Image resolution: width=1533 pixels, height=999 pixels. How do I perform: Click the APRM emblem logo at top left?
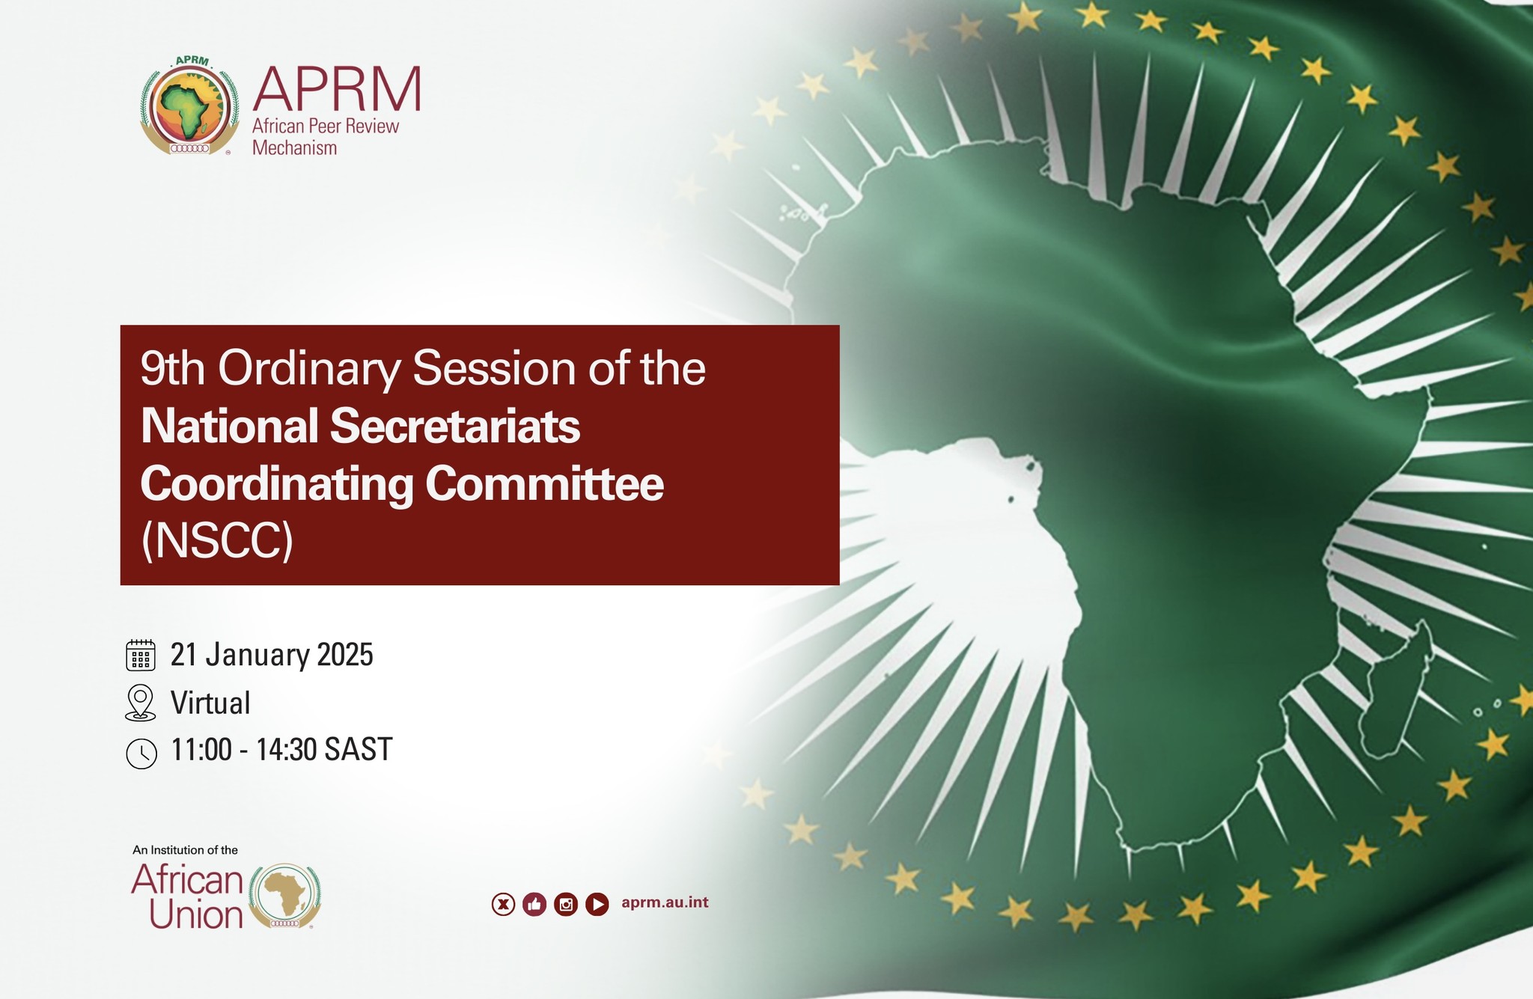pos(190,106)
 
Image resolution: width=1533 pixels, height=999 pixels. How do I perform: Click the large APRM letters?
pos(337,88)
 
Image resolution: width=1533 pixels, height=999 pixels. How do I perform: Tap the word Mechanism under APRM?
pos(294,148)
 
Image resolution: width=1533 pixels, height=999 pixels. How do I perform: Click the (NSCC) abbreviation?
pos(217,540)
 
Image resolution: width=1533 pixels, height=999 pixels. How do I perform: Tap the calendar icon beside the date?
pos(141,655)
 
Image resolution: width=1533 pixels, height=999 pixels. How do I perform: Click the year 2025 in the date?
pos(345,655)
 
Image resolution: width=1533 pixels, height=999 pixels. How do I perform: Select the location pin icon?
pos(141,703)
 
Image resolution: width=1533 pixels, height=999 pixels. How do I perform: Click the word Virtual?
pos(210,703)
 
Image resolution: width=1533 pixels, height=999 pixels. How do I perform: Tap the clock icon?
pos(141,754)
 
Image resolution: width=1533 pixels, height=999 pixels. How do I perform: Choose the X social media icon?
pos(503,905)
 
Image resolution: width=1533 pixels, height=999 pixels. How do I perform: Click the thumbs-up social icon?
pos(534,905)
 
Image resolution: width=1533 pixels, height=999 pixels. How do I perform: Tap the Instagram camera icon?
pos(566,905)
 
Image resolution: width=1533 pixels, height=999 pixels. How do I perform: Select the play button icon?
pos(597,905)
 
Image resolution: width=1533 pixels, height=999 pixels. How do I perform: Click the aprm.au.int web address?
pos(665,902)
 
